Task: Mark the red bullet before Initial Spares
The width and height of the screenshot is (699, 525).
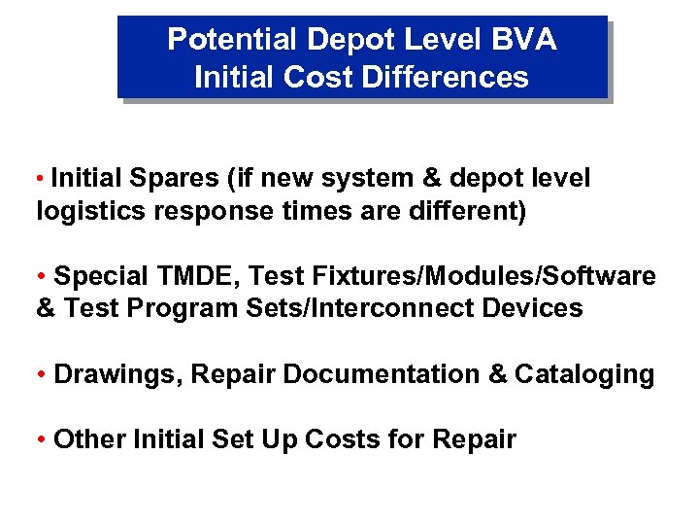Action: click(x=40, y=180)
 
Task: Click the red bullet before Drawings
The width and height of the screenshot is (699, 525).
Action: click(x=41, y=375)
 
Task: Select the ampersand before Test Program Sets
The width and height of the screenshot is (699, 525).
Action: click(x=46, y=309)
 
